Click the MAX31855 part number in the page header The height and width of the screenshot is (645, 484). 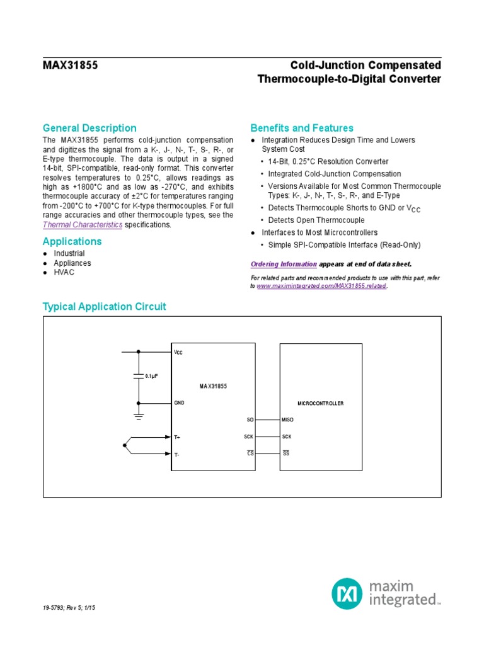tap(70, 66)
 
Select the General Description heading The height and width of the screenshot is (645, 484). tap(89, 128)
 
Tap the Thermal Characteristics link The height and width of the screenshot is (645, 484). tap(82, 225)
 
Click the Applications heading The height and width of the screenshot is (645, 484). tap(72, 241)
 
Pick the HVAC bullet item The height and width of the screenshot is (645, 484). tap(73, 273)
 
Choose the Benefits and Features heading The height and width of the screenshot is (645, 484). tap(302, 128)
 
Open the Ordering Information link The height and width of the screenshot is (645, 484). tap(284, 264)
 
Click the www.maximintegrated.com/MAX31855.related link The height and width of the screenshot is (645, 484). tap(321, 286)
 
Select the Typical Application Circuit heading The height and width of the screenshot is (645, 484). tap(104, 307)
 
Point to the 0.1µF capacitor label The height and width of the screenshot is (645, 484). tap(151, 376)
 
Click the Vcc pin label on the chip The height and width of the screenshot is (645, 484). tap(178, 353)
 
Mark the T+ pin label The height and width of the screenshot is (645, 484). tap(178, 437)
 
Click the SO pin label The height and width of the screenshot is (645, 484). tap(250, 420)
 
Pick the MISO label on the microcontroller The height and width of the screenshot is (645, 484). tap(288, 420)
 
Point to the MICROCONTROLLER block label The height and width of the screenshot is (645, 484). tap(320, 403)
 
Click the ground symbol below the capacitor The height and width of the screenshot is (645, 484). tap(139, 415)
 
